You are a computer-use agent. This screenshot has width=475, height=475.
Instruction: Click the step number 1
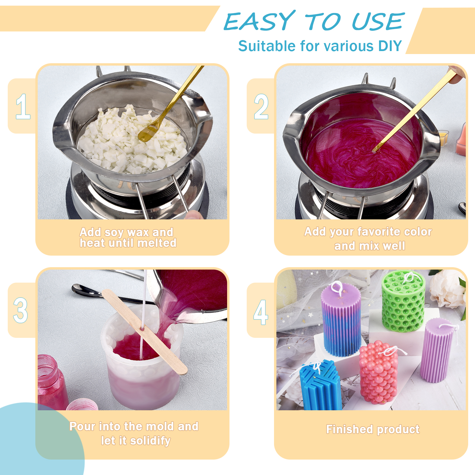23,106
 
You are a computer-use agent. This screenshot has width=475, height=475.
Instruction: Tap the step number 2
261,106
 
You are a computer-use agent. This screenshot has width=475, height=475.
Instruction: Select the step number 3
20,310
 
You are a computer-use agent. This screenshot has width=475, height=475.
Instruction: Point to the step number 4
261,312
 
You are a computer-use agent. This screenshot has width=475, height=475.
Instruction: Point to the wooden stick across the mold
145,332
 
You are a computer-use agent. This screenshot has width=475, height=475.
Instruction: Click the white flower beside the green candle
448,288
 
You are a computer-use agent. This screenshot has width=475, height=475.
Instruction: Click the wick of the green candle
409,277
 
